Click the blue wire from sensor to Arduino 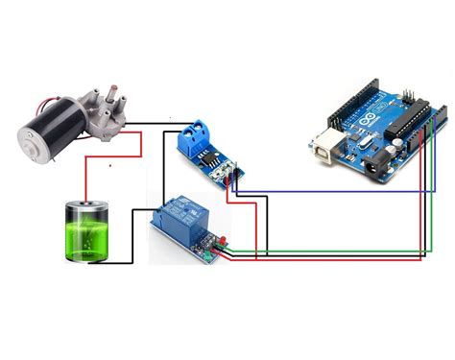click(x=336, y=191)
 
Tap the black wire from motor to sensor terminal click(x=154, y=123)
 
